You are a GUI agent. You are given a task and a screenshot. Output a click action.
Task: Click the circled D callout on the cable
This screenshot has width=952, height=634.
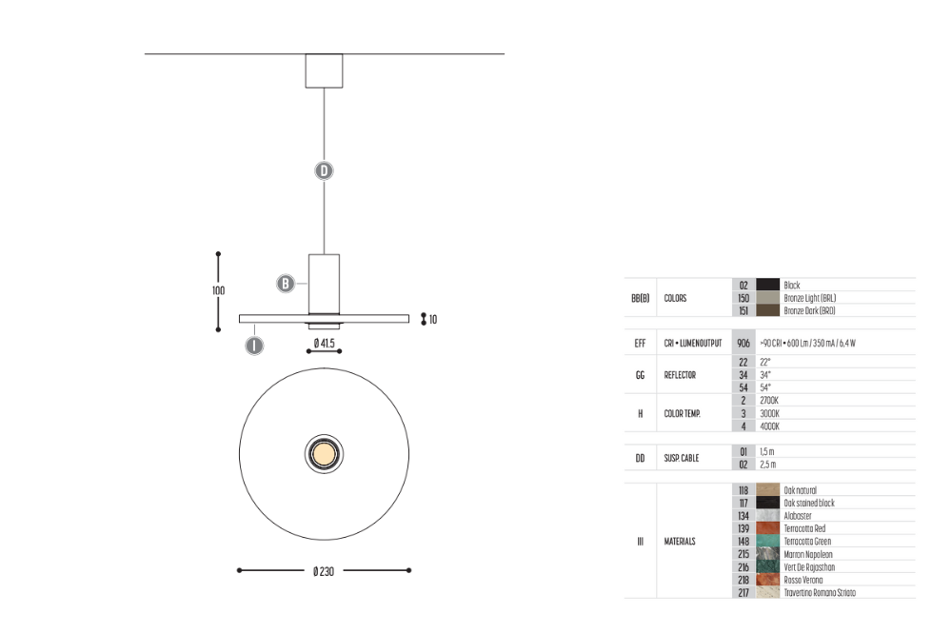[325, 170]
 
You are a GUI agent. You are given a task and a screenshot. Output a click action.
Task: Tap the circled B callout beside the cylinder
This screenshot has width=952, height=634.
[286, 283]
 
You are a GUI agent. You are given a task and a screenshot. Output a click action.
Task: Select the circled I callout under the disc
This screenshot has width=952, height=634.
[254, 346]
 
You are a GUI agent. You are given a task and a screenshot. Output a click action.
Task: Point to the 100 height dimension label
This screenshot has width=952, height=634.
[219, 291]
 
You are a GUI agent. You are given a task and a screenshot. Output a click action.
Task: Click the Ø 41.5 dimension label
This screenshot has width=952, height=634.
[325, 343]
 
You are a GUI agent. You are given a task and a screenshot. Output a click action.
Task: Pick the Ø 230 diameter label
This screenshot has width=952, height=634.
[324, 571]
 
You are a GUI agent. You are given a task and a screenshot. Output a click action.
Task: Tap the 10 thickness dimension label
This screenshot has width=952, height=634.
[433, 320]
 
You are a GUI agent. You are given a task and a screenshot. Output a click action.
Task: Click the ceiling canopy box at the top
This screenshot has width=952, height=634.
[325, 71]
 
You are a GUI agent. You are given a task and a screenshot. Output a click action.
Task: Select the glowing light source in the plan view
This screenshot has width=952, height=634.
[325, 454]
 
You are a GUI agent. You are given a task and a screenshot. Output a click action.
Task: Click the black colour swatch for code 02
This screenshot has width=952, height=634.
[767, 285]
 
